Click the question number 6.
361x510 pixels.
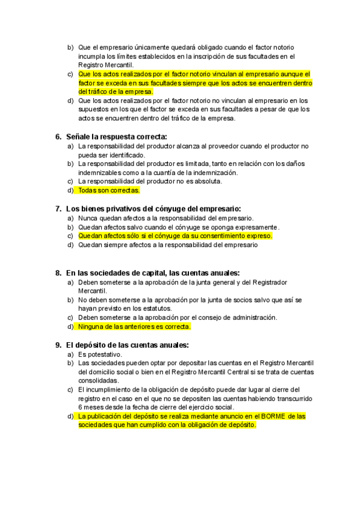(58, 137)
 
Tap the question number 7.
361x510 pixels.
(58, 209)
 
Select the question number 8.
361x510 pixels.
(58, 272)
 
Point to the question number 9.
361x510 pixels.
(58, 345)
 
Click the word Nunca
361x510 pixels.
(88, 218)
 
